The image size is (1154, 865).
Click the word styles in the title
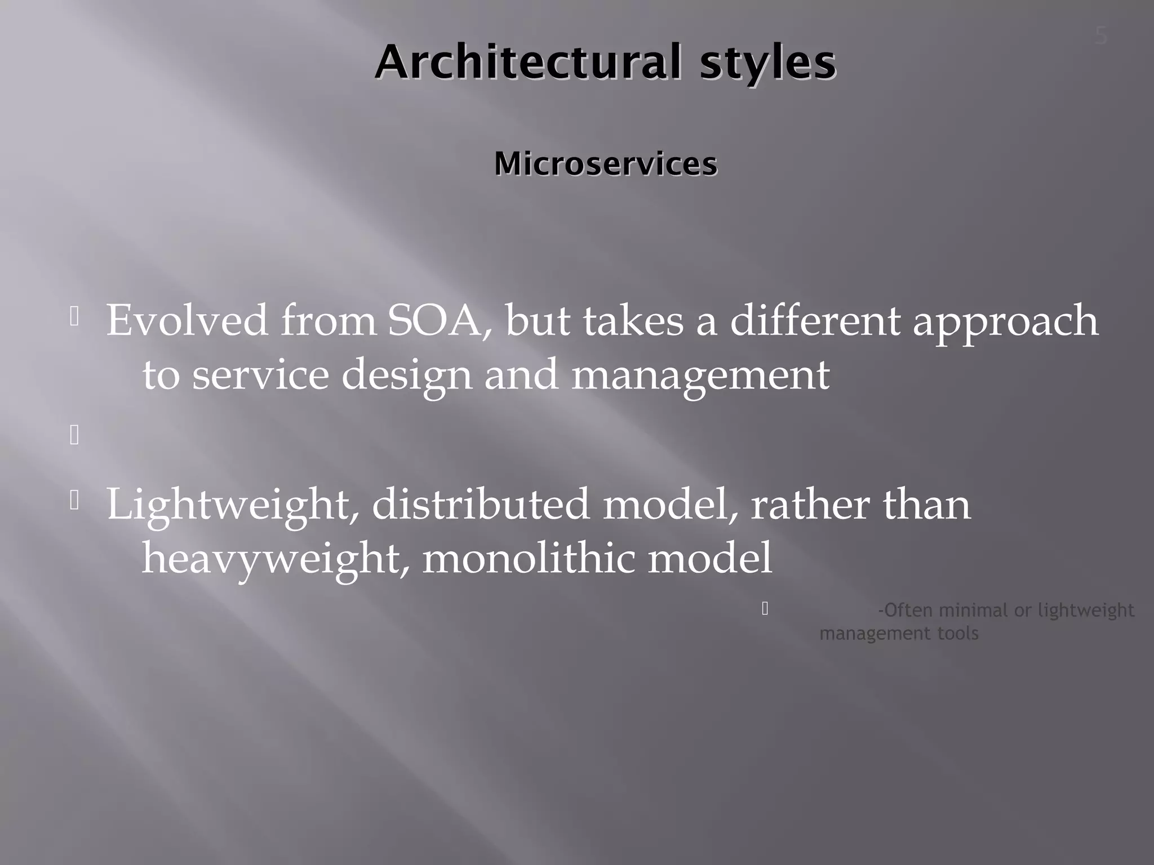coord(767,63)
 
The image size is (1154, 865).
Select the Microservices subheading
coord(606,164)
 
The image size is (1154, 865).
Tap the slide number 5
coord(1100,37)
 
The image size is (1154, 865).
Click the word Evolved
coord(187,320)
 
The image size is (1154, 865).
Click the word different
coord(815,320)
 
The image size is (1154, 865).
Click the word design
coord(406,375)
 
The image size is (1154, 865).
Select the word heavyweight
coord(270,559)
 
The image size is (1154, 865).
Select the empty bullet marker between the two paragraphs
coord(74,435)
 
